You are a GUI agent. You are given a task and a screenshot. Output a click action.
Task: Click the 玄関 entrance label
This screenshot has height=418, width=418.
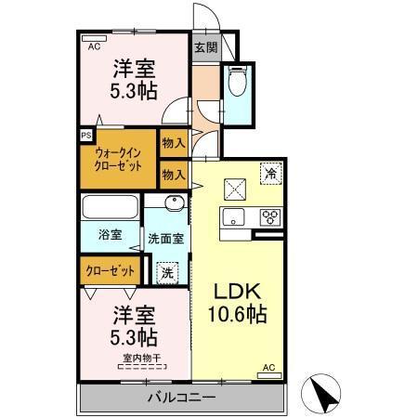pos(204,46)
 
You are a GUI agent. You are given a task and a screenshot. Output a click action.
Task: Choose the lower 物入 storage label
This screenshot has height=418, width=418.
pos(172,173)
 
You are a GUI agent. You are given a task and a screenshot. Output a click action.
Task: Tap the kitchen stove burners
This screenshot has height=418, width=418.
pos(270,218)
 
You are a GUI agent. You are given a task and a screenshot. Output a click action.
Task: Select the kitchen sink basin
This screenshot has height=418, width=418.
pos(232,218)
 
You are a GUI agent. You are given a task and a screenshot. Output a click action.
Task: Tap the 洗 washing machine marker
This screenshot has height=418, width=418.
pos(167,273)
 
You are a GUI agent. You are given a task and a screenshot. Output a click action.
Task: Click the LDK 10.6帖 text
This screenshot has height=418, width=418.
pos(236,303)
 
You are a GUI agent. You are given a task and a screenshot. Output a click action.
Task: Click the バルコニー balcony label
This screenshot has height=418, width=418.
pos(182,398)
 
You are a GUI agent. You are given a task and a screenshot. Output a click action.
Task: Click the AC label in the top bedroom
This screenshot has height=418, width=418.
pos(94,44)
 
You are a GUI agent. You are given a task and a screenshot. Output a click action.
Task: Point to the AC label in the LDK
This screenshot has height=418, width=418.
pos(268,368)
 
